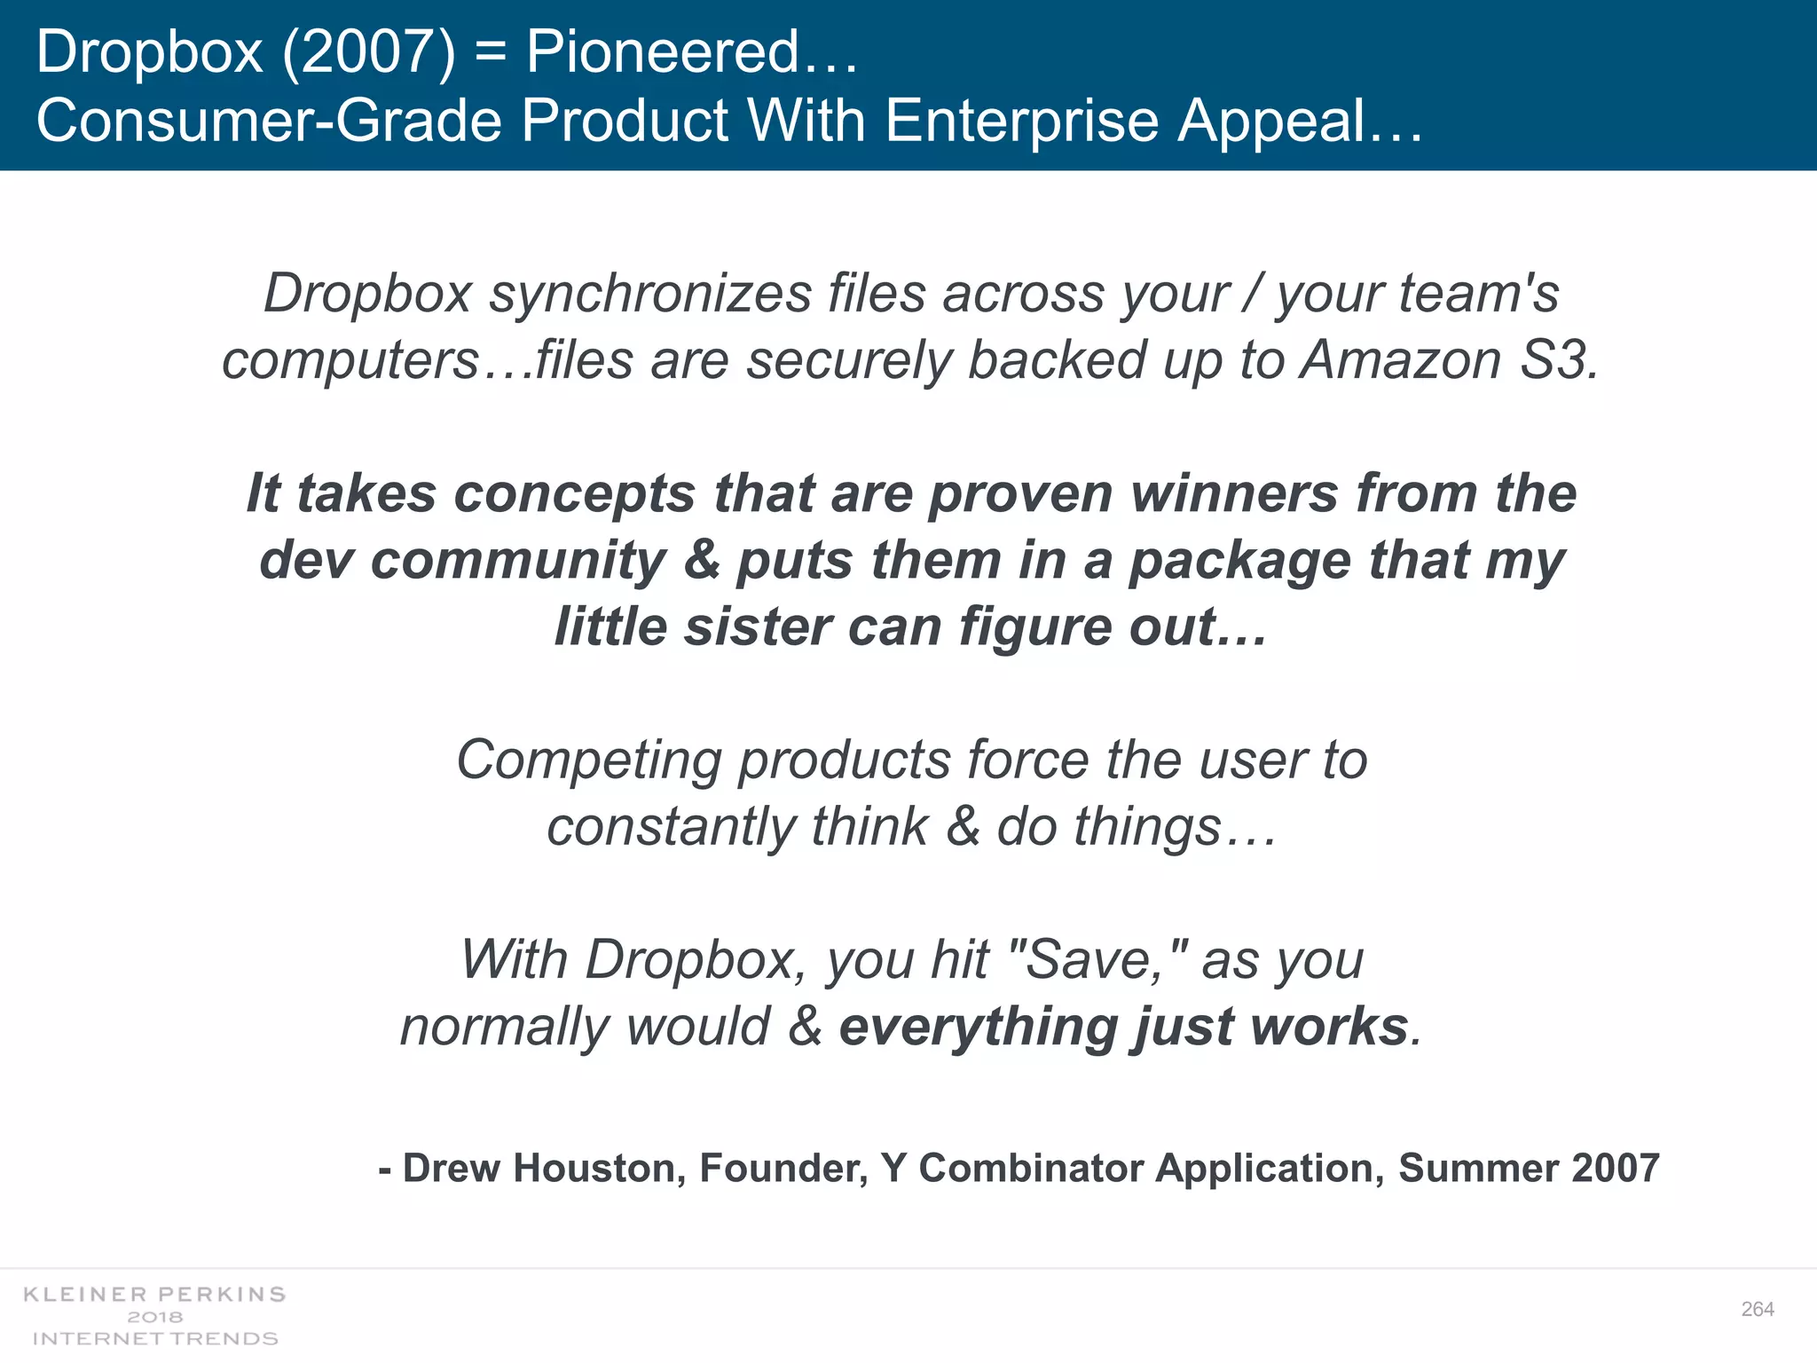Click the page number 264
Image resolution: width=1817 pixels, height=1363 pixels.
[1757, 1309]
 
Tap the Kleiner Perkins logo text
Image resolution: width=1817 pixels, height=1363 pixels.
[154, 1295]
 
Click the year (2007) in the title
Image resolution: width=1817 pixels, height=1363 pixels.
[369, 51]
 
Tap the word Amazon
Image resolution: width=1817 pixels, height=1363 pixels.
[1401, 360]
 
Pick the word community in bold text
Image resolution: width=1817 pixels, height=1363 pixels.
[518, 561]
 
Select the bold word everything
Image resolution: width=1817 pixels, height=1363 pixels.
[976, 1027]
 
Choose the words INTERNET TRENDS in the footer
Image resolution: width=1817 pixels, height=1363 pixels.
[154, 1338]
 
